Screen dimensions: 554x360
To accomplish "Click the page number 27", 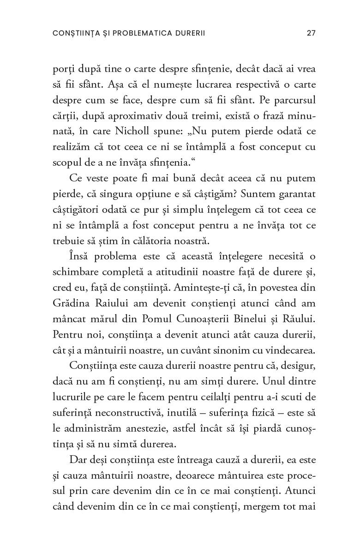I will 311,33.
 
